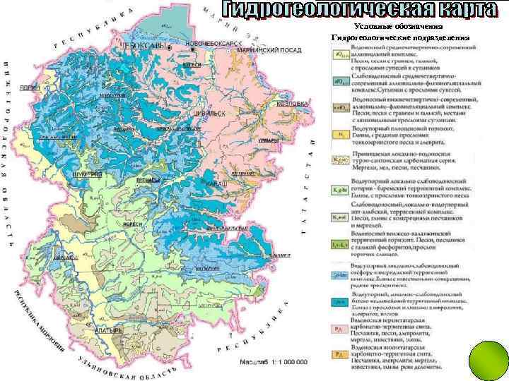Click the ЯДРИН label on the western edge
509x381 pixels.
(x=29, y=88)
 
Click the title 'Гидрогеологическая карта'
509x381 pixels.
(x=361, y=10)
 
